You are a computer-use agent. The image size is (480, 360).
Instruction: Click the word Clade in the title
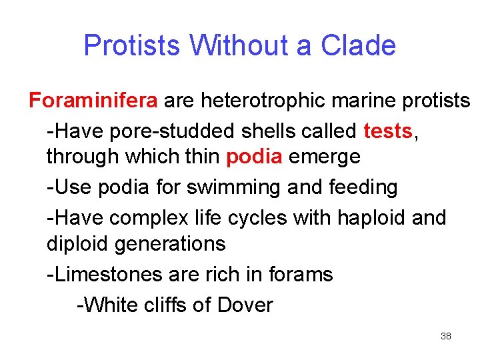click(x=358, y=46)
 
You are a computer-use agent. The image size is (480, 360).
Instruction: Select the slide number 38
click(x=446, y=336)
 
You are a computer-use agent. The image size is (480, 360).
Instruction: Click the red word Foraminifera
click(x=93, y=101)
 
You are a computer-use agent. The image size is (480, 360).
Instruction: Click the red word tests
click(x=389, y=131)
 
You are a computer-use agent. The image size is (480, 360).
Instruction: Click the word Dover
click(x=243, y=305)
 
